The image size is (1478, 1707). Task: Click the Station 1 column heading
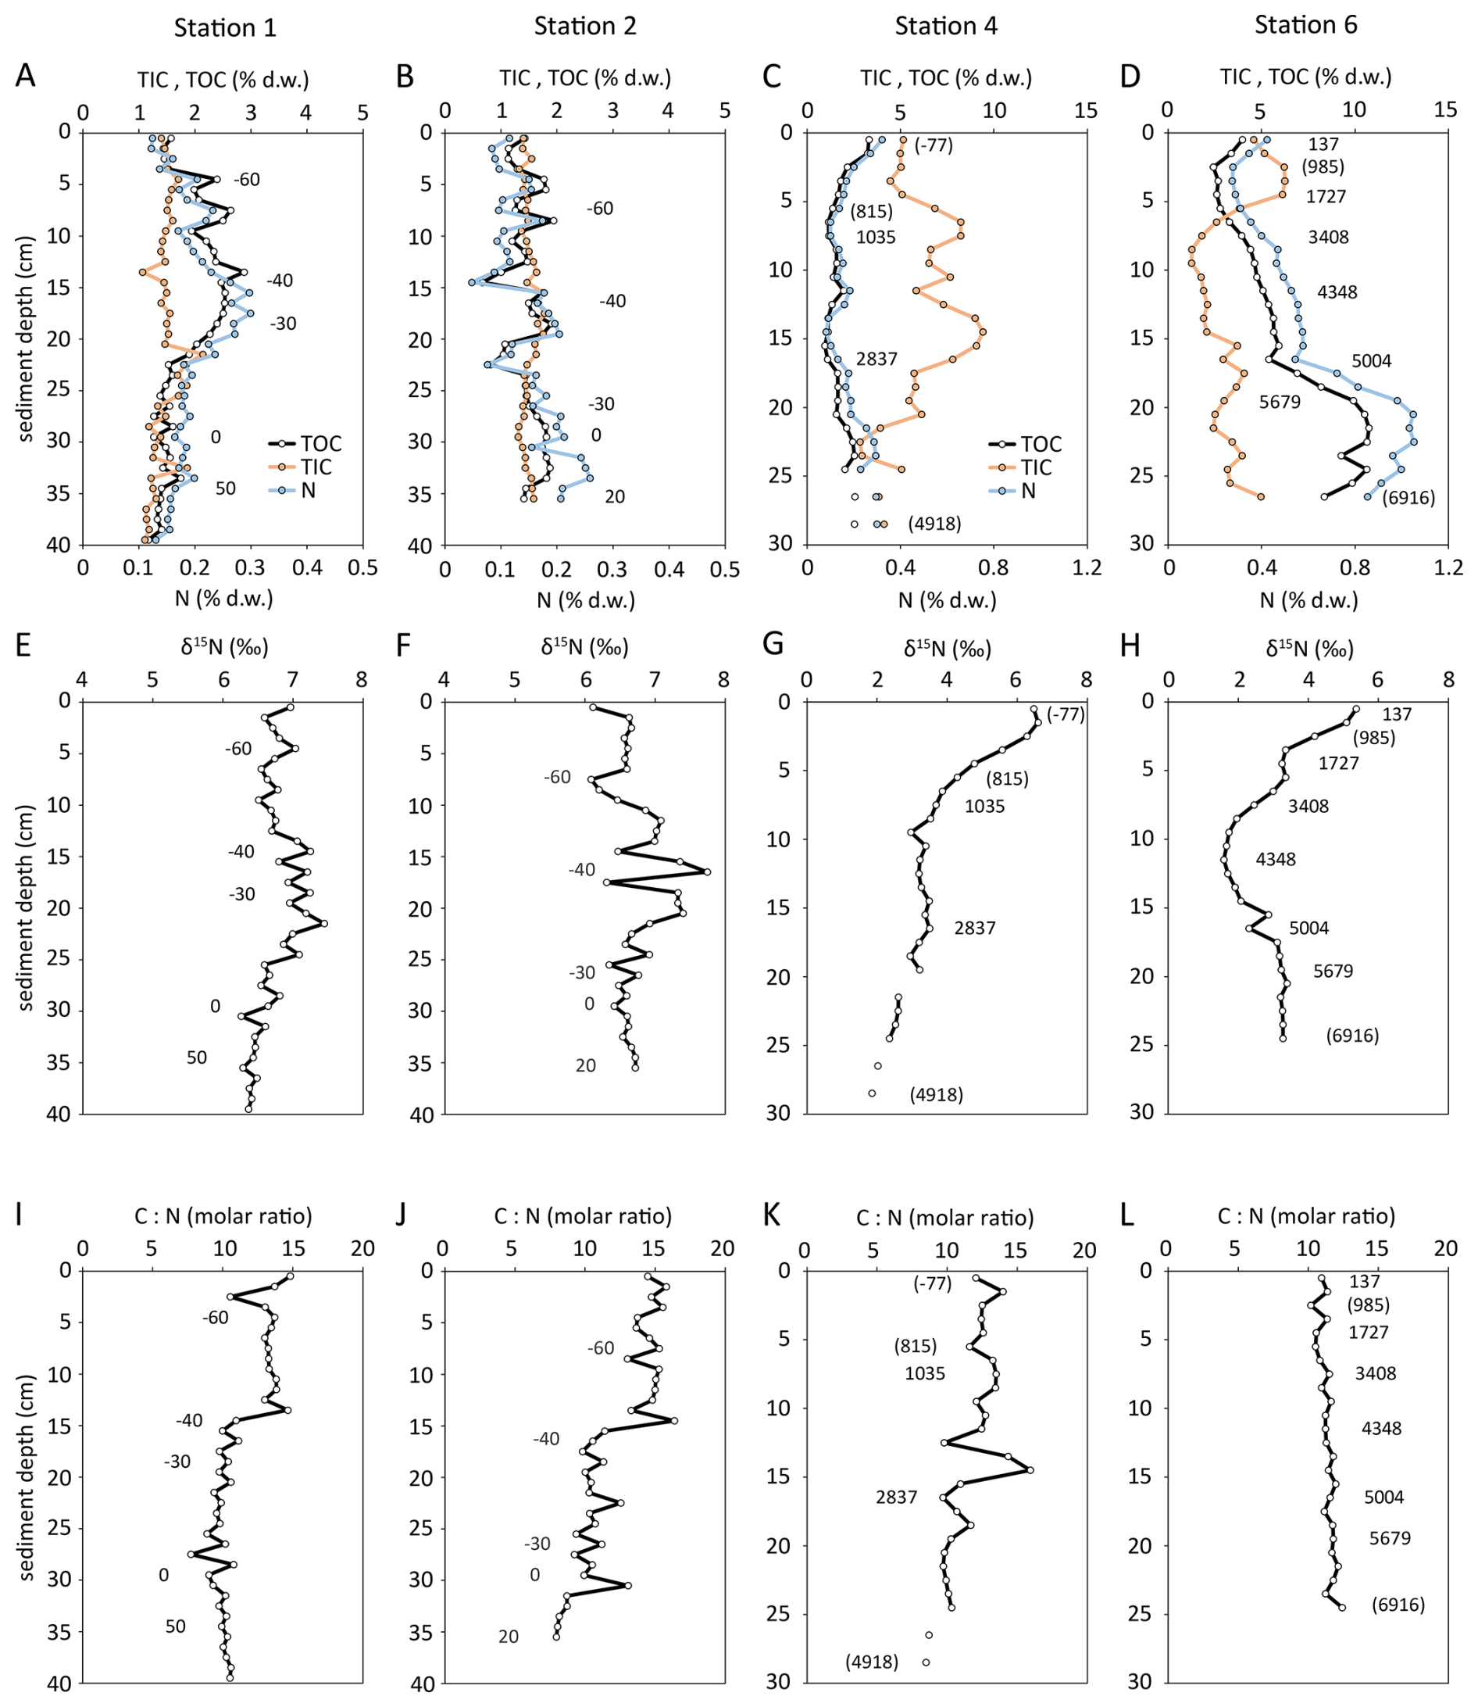(x=225, y=28)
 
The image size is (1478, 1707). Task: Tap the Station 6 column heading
(x=1305, y=26)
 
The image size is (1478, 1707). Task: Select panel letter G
(x=773, y=644)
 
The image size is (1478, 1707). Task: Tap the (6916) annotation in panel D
(x=1408, y=498)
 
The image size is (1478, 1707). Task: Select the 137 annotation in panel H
(x=1398, y=714)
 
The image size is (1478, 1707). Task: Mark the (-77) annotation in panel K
(x=932, y=1283)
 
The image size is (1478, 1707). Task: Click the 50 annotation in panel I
(x=175, y=1626)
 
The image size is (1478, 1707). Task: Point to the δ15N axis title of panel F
(x=585, y=648)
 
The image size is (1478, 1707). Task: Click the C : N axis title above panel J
(x=583, y=1216)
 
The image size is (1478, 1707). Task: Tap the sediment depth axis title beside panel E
(x=27, y=907)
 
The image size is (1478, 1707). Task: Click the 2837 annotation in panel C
(x=876, y=359)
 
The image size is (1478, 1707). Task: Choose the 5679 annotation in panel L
(x=1390, y=1538)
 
